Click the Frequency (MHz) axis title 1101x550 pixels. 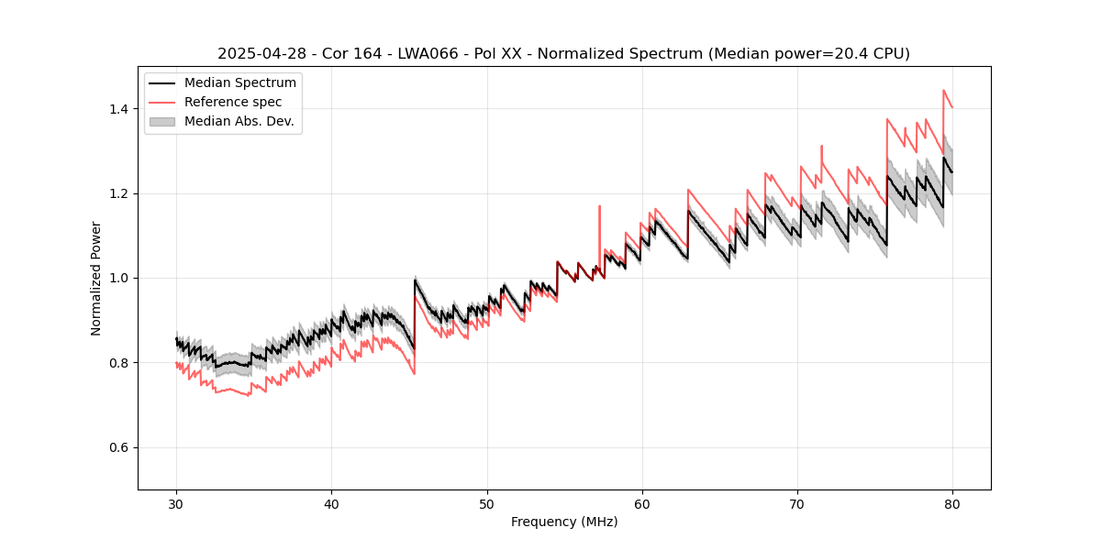(564, 522)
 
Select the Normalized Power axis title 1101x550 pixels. (95, 278)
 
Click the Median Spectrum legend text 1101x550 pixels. (239, 83)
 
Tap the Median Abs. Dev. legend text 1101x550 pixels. (239, 121)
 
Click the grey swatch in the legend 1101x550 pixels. (162, 121)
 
